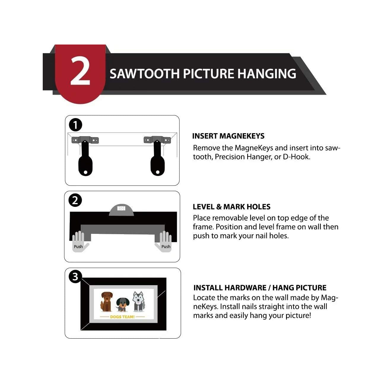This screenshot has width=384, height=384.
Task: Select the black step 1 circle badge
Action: pos(75,125)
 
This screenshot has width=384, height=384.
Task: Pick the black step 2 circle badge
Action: pos(75,200)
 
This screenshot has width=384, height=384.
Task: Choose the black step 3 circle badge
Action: pos(75,277)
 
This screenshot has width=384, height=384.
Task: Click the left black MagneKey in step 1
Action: pos(85,162)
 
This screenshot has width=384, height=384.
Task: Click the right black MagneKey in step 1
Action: pos(157,162)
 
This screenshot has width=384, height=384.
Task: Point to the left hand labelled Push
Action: pos(79,242)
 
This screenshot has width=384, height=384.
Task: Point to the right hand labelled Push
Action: pos(164,242)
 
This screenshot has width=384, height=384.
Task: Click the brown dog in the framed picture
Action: pos(106,301)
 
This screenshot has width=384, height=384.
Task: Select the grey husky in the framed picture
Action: pos(138,301)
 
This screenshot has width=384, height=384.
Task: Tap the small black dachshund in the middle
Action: pos(121,304)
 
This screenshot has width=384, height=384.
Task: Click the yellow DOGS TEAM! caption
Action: pos(122,317)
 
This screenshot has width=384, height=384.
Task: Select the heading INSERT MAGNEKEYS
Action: pos(228,136)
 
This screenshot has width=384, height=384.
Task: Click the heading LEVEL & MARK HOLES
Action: pos(231,207)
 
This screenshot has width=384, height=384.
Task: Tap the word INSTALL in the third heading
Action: pos(208,288)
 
